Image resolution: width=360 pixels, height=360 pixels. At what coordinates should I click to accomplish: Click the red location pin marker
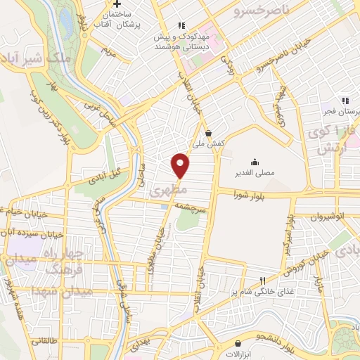click(x=181, y=165)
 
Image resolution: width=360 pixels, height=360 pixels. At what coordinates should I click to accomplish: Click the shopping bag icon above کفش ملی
click(x=209, y=132)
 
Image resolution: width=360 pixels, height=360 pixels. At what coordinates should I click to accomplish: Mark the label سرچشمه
click(x=184, y=209)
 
